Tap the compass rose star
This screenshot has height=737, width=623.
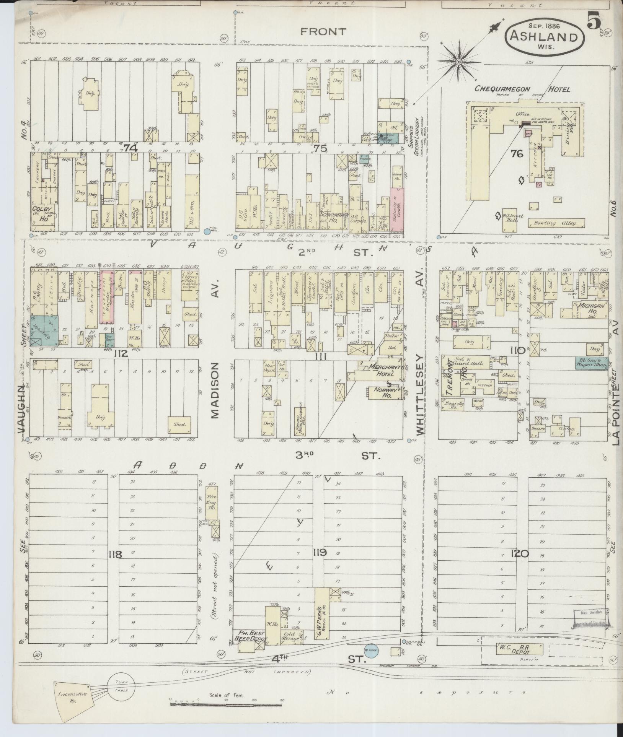(x=458, y=61)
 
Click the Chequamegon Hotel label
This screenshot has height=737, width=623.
(x=522, y=89)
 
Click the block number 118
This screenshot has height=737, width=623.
(x=115, y=553)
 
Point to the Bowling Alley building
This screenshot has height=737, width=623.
(x=556, y=223)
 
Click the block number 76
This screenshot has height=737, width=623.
(x=517, y=154)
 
